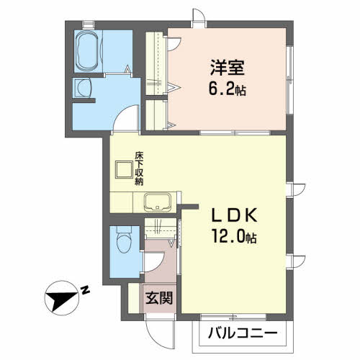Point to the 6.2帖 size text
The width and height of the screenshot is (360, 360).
click(x=227, y=91)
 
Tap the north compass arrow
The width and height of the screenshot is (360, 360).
click(x=63, y=296)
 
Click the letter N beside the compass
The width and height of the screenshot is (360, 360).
click(x=85, y=290)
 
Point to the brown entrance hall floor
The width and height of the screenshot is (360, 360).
click(x=157, y=263)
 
